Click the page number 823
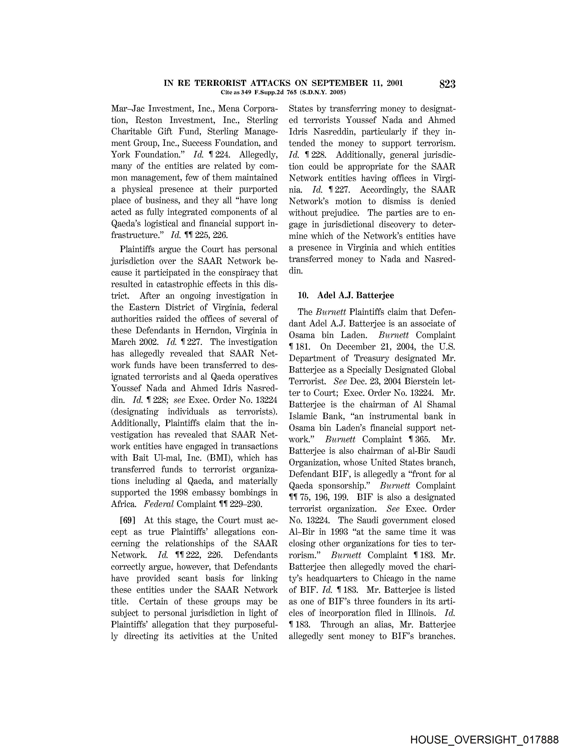(447, 84)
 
